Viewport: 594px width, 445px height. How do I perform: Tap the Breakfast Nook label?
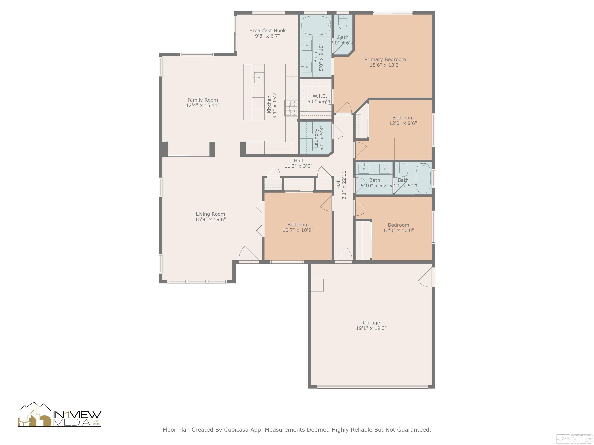point(267,31)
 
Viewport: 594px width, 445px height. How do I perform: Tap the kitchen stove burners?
point(291,108)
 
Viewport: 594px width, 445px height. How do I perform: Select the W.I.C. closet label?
point(320,96)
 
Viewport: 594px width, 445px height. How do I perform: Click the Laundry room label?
point(316,138)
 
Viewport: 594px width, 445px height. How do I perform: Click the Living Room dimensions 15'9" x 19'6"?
point(210,219)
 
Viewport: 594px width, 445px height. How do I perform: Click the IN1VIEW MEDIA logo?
point(60,415)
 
